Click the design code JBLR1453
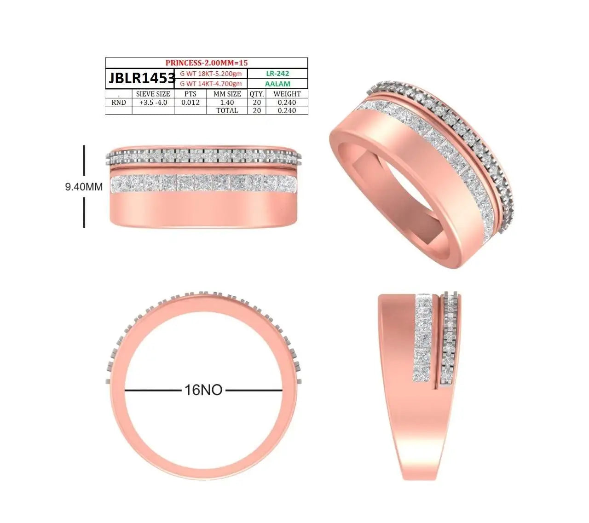(x=141, y=78)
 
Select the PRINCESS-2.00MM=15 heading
(x=207, y=63)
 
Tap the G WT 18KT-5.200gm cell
(x=211, y=74)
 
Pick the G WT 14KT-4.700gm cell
(x=211, y=84)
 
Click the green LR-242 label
(x=277, y=74)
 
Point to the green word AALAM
(x=277, y=84)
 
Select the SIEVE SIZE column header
(x=153, y=94)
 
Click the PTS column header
(x=191, y=94)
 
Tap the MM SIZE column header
(x=227, y=94)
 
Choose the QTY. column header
(x=257, y=94)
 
